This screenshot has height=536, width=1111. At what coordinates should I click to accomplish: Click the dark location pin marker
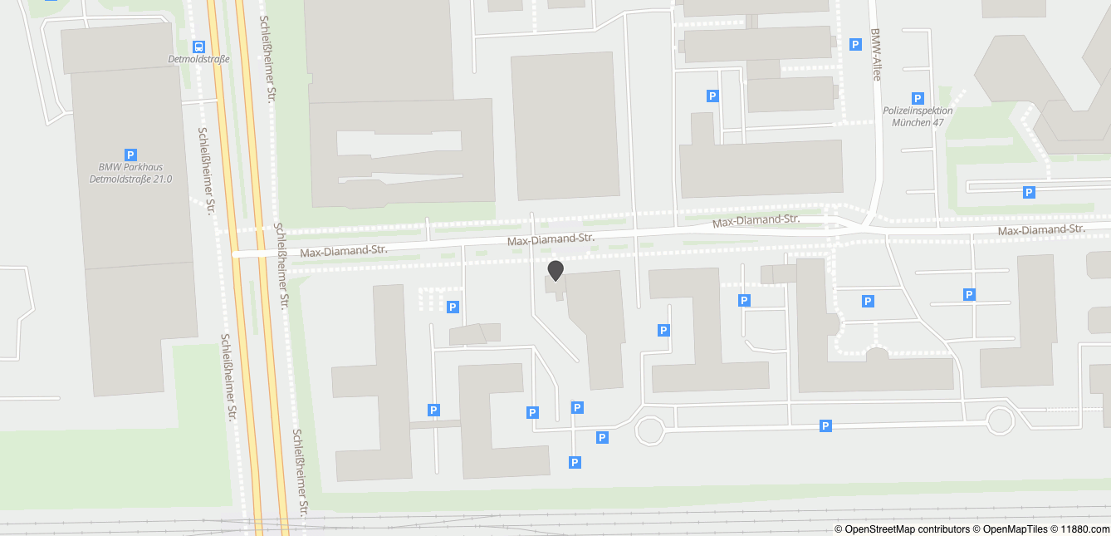coord(555,270)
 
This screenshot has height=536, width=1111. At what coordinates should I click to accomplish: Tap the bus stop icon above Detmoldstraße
coord(198,47)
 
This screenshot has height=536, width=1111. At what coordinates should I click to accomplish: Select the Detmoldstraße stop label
coord(198,59)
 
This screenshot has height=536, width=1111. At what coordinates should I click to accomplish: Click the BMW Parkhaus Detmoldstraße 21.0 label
coord(130,173)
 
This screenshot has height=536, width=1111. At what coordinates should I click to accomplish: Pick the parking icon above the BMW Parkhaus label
coord(130,155)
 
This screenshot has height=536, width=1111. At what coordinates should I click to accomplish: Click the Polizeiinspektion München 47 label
coord(918,116)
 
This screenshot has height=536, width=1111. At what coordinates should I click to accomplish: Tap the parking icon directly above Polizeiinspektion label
coord(918,98)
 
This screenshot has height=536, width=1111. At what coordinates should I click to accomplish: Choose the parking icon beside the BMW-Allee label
coord(855,44)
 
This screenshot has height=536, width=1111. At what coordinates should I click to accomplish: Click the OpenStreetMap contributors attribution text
coord(902,529)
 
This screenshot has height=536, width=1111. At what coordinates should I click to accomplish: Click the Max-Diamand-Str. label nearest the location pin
coord(551,239)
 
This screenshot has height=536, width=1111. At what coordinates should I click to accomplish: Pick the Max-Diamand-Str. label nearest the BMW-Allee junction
coord(756,221)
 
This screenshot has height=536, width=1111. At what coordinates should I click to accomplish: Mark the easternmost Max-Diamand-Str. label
coord(1041,230)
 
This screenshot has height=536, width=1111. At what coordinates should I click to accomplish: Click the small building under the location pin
coord(555,287)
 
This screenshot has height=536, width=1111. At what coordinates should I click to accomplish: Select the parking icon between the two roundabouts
coord(825,426)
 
